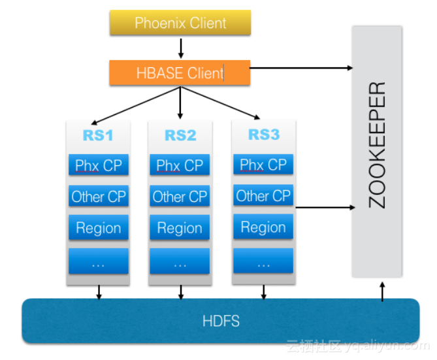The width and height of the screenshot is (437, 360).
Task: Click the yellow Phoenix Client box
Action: click(180, 22)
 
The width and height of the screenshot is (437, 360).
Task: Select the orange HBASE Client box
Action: click(180, 73)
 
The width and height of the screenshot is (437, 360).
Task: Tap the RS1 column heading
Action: click(98, 135)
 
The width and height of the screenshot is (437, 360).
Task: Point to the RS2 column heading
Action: click(180, 135)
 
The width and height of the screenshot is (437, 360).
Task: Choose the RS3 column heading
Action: click(264, 135)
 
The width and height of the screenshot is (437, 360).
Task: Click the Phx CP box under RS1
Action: click(99, 165)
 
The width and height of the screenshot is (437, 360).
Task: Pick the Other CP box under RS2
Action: click(180, 196)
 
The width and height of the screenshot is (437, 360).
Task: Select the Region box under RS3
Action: click(263, 227)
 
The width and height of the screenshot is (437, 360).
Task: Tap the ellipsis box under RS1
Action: click(99, 261)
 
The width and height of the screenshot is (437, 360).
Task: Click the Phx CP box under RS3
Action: click(263, 164)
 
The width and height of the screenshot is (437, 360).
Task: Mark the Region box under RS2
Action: click(180, 227)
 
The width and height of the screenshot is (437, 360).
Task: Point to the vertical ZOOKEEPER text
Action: click(377, 145)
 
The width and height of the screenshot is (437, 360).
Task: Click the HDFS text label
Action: click(221, 321)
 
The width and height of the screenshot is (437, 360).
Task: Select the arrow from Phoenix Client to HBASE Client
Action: click(180, 48)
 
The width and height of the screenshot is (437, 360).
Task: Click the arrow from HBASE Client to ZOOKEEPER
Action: click(301, 68)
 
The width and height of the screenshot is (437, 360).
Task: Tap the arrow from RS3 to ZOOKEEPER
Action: click(325, 208)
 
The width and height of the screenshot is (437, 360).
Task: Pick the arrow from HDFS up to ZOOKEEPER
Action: click(382, 291)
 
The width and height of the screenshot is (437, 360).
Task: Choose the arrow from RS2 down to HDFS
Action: click(181, 292)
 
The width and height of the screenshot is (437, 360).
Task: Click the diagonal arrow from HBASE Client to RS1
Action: click(136, 105)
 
